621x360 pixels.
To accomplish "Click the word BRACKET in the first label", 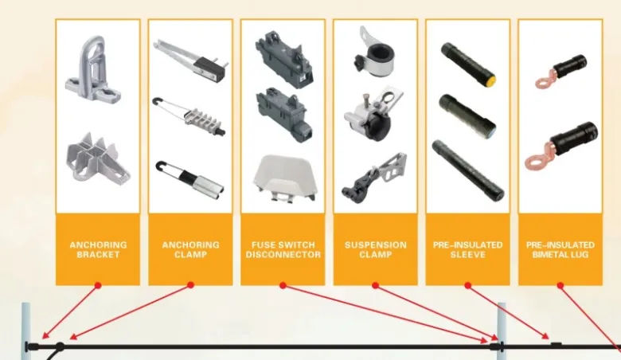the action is pos(98,255).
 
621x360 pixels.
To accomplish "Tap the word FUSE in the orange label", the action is pos(263,245).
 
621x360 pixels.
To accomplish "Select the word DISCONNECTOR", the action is pos(283,255).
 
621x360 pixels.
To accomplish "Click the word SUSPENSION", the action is pos(376,245).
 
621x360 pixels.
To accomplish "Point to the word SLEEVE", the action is pos(467,255).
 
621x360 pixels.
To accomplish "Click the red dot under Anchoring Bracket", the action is pos(98,285).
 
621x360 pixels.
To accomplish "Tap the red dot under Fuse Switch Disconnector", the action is pos(283,285).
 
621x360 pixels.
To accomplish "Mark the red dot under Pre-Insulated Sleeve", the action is pos(467,285).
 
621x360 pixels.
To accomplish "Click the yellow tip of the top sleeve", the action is pos(490,80).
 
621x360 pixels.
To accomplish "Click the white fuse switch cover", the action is pos(284,178).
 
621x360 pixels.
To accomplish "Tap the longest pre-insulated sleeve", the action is pos(467,170).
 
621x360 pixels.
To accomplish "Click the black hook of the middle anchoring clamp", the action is pos(156,101).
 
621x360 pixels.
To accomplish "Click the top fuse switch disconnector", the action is pos(284,59).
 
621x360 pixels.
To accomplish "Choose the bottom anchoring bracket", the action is pos(98,158).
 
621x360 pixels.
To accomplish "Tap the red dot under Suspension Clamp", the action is pos(376,285).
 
